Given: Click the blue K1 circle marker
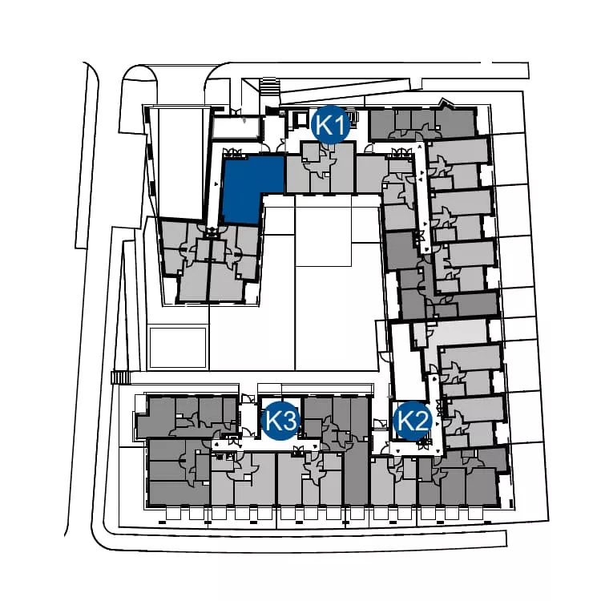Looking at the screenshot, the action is pos(331,124).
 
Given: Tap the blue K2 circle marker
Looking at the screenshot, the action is pos(413,421).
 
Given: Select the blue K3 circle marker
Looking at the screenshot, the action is pos(280,421).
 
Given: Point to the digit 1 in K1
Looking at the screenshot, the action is pos(341,125).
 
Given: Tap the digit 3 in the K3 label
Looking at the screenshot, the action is pos(289,421).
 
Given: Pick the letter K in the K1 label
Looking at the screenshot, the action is pos(325,125).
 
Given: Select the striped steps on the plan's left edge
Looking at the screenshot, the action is pos(121,377).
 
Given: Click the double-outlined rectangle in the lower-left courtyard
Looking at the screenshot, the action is pos(177,348).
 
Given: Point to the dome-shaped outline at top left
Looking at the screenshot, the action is pos(139,99).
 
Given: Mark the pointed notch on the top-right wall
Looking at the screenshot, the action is pos(445,102).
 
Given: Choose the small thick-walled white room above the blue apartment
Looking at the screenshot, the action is pos(236,127).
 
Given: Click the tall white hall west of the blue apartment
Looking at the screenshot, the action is pos(179,163).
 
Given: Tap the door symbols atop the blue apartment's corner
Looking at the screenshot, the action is pos(234,152).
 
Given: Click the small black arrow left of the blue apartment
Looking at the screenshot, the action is pos(216,185).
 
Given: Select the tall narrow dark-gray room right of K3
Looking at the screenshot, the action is pos(357,472).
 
